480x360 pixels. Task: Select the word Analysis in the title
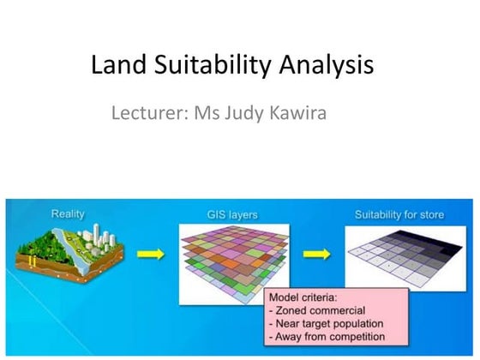click(x=323, y=66)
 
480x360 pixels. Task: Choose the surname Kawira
click(x=298, y=113)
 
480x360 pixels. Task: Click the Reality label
click(x=69, y=213)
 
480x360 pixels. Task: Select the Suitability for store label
click(x=400, y=214)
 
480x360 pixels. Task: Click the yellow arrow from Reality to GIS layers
click(x=151, y=255)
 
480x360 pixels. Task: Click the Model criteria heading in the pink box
click(x=302, y=297)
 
